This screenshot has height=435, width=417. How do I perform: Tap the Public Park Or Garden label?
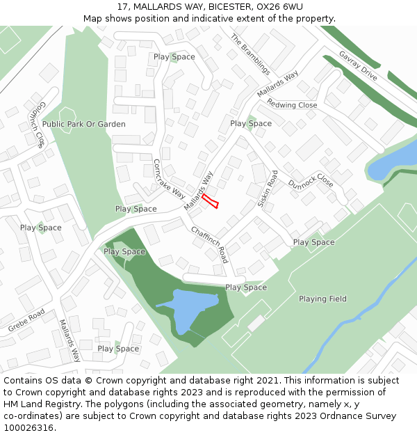pos(84,124)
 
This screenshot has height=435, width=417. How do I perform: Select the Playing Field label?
pos(322,299)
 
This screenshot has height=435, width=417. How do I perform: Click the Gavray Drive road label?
pos(358,66)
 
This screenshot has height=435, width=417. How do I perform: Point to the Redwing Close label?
pos(292,105)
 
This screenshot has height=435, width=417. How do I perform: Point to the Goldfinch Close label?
pos(37,124)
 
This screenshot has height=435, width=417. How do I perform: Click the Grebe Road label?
pos(26,320)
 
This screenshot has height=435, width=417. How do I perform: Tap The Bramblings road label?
pos(250,54)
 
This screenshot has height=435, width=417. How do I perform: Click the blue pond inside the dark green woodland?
pos(186,310)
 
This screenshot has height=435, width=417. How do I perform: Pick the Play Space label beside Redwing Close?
pos(251,123)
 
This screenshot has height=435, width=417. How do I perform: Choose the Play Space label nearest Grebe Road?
pos(118,349)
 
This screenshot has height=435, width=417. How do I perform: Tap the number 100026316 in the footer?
pos(28,427)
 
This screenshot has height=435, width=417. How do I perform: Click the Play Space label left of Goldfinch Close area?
pos(40,228)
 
